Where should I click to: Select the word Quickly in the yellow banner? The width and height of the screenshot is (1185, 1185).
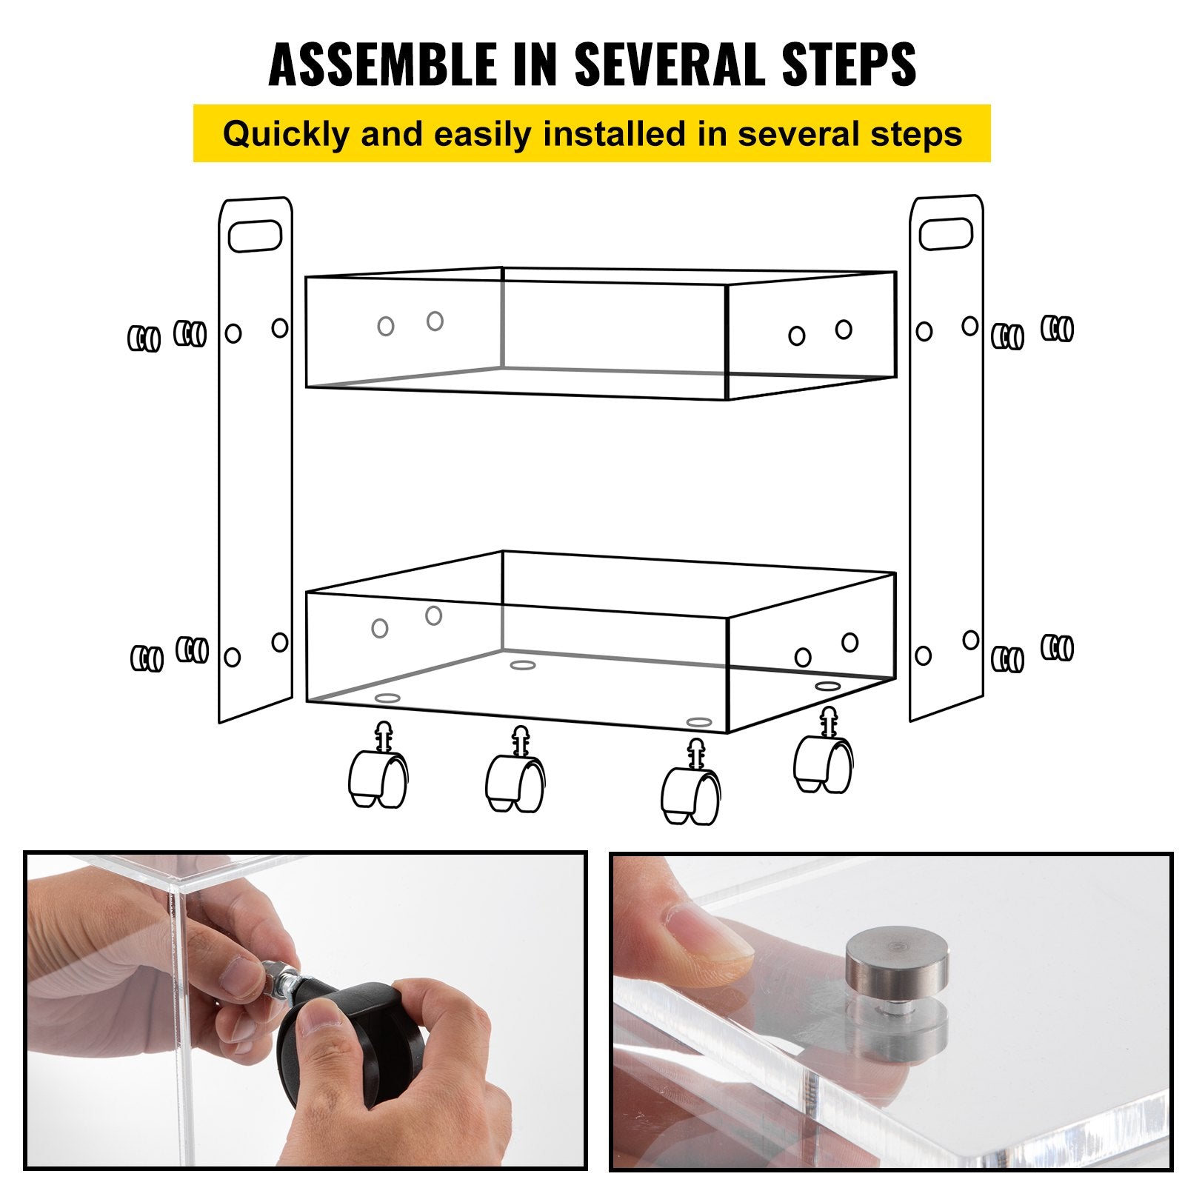285,134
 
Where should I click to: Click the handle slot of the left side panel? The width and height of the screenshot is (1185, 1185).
255,237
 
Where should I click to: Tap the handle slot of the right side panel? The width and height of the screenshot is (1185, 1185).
946,233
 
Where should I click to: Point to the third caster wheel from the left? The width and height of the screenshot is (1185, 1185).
690,794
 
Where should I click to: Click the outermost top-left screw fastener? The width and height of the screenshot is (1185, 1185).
144,338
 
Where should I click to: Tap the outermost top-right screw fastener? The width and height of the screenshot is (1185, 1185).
1058,327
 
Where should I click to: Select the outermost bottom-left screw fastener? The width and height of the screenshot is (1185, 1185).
147,658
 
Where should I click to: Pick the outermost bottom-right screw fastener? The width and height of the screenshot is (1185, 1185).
1058,647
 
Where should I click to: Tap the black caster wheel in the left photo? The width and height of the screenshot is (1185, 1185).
348,1037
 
